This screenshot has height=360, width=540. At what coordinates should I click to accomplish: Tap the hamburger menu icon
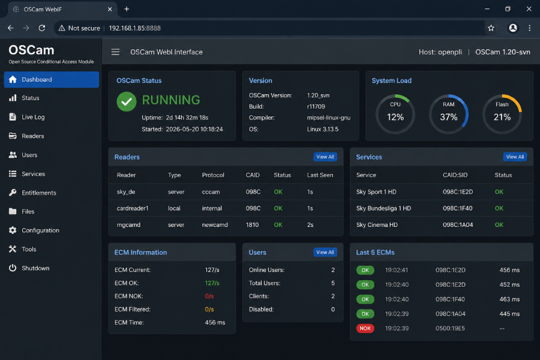(x=115, y=52)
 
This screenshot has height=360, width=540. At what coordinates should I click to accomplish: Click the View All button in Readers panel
(x=325, y=157)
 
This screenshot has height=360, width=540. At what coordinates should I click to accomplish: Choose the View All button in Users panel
(x=325, y=252)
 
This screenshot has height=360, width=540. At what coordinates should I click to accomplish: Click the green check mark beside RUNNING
(x=127, y=101)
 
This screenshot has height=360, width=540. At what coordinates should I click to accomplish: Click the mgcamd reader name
(x=128, y=224)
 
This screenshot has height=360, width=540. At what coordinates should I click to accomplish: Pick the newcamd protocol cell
(x=215, y=224)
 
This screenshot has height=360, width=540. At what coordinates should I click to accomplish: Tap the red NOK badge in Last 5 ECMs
(x=365, y=328)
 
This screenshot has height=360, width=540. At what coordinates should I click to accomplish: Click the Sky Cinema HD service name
(x=377, y=224)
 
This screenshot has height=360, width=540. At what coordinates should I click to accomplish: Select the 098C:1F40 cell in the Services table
(x=458, y=208)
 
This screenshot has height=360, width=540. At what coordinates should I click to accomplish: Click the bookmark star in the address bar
(x=491, y=28)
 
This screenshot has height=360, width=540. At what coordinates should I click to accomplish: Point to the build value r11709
(x=316, y=106)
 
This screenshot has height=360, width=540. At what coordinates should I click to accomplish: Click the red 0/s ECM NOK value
(x=209, y=296)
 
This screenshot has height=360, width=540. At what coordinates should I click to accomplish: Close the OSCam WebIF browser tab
(x=110, y=10)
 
